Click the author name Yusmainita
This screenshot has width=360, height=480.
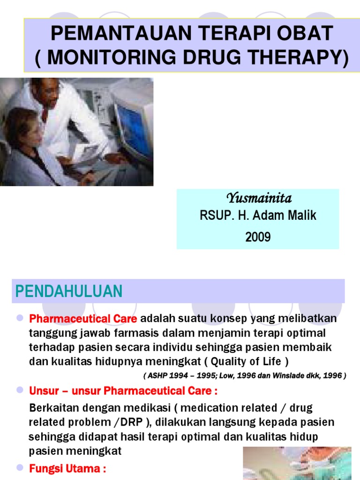(x=258, y=197)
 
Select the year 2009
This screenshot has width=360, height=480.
(x=258, y=237)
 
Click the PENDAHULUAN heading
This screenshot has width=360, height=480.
(x=69, y=291)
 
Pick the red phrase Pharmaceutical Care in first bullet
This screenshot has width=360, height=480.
(x=83, y=319)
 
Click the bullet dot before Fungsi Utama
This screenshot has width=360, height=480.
(x=20, y=468)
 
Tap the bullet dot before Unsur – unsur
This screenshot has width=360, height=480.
(x=20, y=390)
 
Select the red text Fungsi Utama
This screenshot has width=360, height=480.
(x=67, y=469)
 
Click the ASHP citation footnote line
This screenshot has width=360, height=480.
(x=244, y=376)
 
